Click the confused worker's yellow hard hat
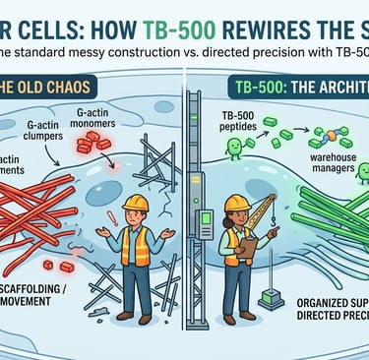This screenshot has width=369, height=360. pyautogui.click(x=137, y=203)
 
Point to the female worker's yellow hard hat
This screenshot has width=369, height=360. pyautogui.click(x=237, y=203)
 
